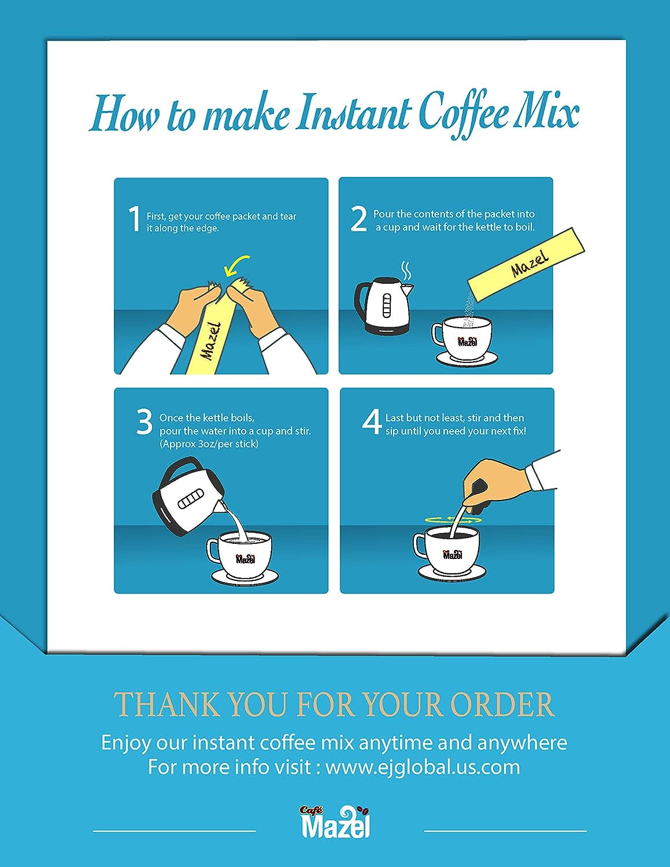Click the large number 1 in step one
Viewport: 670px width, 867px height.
135,218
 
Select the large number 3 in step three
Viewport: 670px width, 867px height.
144,423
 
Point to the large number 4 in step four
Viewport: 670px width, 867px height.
372,423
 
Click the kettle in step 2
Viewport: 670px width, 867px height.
384,305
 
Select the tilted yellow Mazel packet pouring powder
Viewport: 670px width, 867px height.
526,265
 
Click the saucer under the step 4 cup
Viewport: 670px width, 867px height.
452,572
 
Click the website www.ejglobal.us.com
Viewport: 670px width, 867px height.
423,767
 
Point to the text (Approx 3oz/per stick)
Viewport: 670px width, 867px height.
209,444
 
